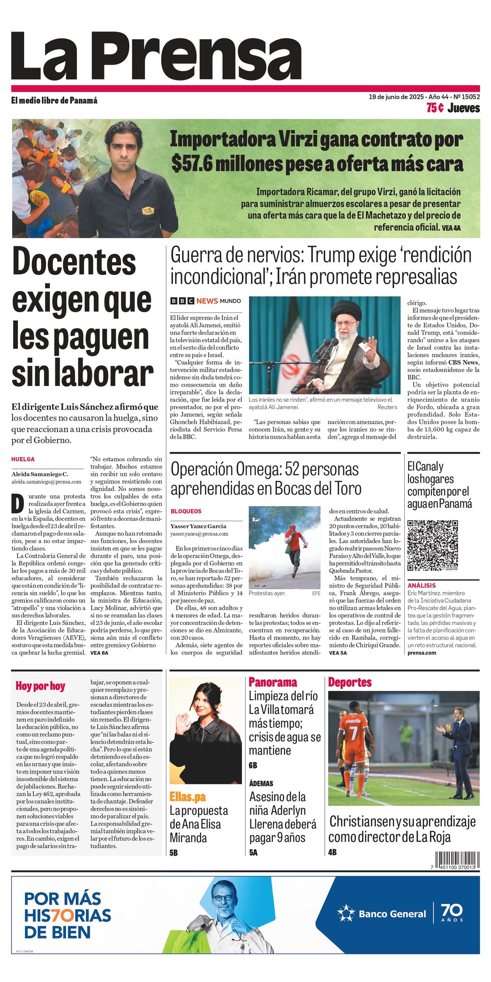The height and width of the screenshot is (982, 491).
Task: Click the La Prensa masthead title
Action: click(x=156, y=56)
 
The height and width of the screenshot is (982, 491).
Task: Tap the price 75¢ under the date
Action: click(x=435, y=108)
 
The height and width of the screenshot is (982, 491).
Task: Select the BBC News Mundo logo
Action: click(x=205, y=301)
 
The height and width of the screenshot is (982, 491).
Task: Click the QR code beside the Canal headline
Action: click(x=432, y=545)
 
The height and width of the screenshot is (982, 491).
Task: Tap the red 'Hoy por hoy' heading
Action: click(x=40, y=686)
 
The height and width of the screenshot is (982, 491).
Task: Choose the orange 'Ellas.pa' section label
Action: click(x=187, y=797)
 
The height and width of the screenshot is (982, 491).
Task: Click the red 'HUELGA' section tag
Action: click(x=23, y=459)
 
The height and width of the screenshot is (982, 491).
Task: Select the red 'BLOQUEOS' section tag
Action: click(x=186, y=511)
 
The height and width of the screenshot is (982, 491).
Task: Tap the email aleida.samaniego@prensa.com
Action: click(x=46, y=482)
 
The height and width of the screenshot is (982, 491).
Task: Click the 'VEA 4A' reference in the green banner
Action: click(x=451, y=228)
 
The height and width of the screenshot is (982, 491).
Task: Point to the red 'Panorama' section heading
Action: click(x=273, y=682)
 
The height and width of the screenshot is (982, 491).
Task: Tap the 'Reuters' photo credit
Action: click(x=387, y=407)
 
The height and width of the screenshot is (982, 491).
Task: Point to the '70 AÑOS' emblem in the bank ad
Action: click(x=452, y=913)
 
